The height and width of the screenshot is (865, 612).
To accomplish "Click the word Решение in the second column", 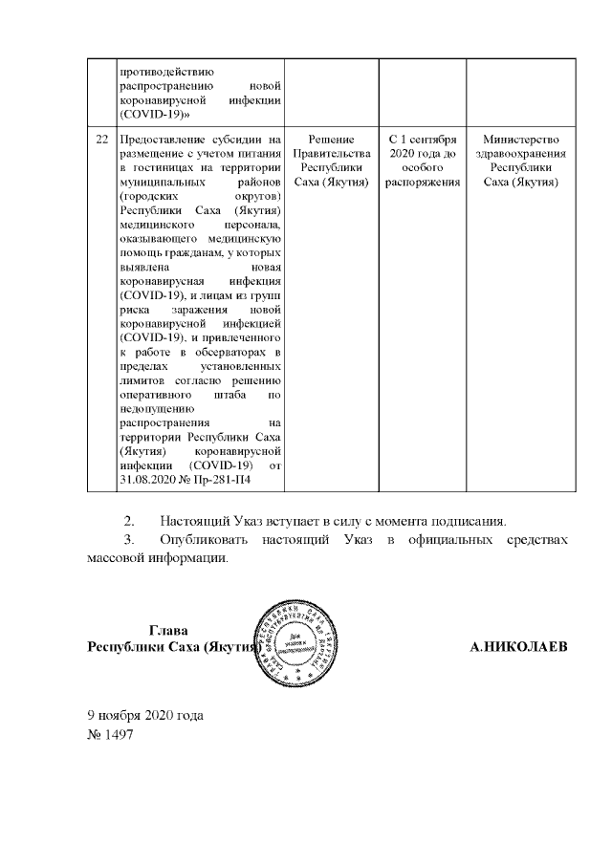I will pyautogui.click(x=332, y=139).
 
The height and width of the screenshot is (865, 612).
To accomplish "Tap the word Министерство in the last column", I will pyautogui.click(x=521, y=139).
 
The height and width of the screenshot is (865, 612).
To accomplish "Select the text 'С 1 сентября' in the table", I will pyautogui.click(x=423, y=139).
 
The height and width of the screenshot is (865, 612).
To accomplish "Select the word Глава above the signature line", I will pyautogui.click(x=168, y=630).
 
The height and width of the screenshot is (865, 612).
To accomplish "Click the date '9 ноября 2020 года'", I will pyautogui.click(x=145, y=716).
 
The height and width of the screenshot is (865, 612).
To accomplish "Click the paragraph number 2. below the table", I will pyautogui.click(x=131, y=521).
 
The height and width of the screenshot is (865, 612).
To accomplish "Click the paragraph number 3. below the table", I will pyautogui.click(x=131, y=541).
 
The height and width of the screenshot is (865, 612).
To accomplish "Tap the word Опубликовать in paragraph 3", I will pyautogui.click(x=202, y=541).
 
